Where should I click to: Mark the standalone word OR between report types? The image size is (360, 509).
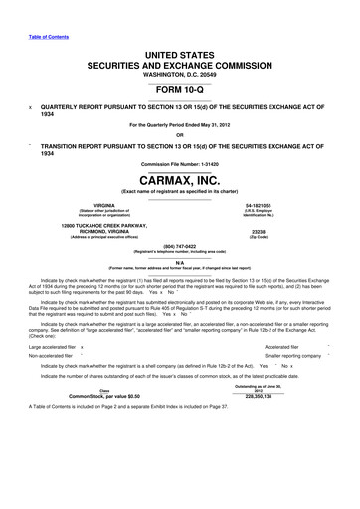pos(179,136)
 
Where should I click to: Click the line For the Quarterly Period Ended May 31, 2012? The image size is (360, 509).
pos(179,124)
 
